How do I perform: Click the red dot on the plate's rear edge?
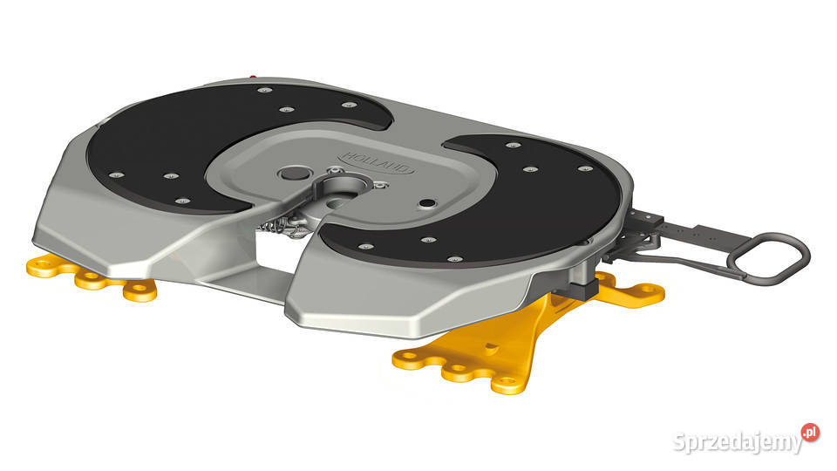(254, 78)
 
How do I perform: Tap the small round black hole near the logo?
(425, 201)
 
